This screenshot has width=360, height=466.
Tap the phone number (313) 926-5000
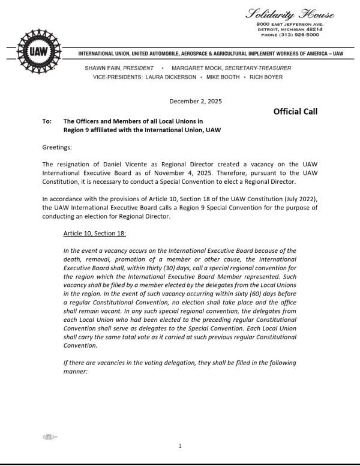click(x=290, y=34)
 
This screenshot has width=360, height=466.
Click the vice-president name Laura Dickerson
click(x=170, y=77)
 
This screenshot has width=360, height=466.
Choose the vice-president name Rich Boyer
click(x=266, y=77)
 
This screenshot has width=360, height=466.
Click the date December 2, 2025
click(x=196, y=101)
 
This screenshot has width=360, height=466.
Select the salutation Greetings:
click(x=57, y=147)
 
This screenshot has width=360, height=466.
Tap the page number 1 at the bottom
click(x=180, y=446)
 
